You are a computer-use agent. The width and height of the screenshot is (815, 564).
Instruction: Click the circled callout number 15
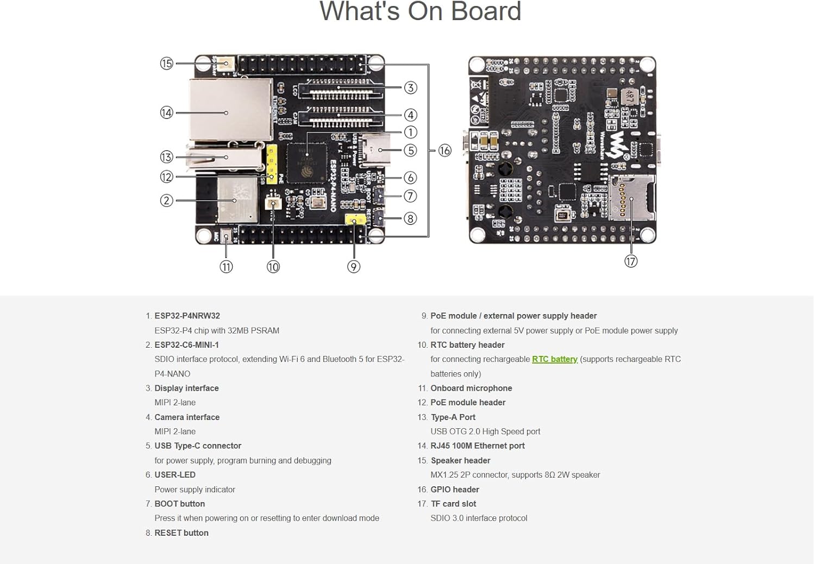pyautogui.click(x=166, y=64)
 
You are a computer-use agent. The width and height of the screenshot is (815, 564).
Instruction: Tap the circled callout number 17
pyautogui.click(x=630, y=261)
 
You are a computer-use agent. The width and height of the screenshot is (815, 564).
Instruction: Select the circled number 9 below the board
pyautogui.click(x=354, y=267)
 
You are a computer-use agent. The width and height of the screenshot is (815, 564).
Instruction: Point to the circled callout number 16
pyautogui.click(x=444, y=151)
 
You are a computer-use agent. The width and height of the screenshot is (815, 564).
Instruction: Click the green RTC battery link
pyautogui.click(x=554, y=359)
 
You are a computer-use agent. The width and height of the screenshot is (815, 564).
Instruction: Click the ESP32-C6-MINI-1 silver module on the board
pyautogui.click(x=237, y=200)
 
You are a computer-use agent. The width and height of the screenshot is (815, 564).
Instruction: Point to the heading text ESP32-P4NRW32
pyautogui.click(x=187, y=316)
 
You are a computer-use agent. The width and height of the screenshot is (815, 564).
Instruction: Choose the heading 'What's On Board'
pyautogui.click(x=420, y=11)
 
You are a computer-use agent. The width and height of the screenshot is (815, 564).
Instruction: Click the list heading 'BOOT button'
pyautogui.click(x=179, y=504)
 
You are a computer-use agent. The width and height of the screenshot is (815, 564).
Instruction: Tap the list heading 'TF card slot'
pyautogui.click(x=453, y=504)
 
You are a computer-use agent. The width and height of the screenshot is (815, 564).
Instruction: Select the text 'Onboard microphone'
pyautogui.click(x=471, y=388)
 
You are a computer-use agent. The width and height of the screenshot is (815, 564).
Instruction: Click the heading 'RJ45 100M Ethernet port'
pyautogui.click(x=478, y=446)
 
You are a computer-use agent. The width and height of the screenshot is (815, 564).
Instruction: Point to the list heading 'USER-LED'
pyautogui.click(x=174, y=474)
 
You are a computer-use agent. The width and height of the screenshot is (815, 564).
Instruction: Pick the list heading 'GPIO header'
pyautogui.click(x=455, y=490)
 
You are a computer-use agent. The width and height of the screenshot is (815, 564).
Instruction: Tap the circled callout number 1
pyautogui.click(x=410, y=132)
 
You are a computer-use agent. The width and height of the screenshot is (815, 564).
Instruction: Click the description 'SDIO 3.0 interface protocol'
pyautogui.click(x=479, y=518)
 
